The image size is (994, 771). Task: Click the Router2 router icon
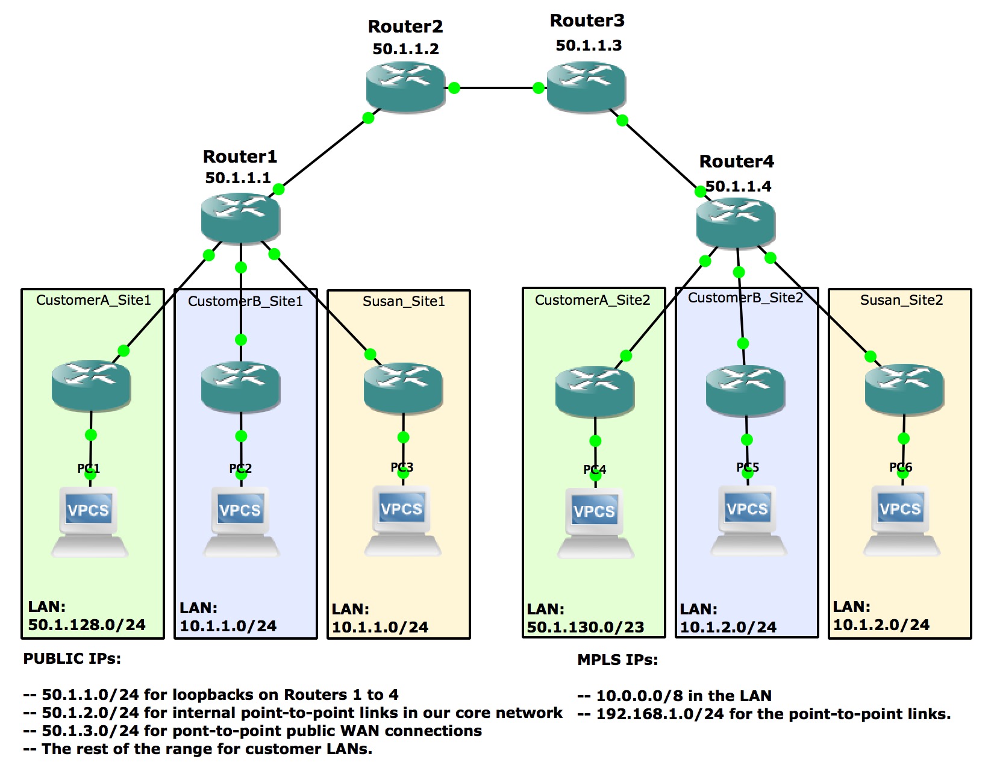click(x=405, y=87)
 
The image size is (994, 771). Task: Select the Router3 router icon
click(x=586, y=87)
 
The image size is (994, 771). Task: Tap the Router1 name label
click(x=240, y=157)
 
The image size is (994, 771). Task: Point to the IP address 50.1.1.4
click(x=739, y=186)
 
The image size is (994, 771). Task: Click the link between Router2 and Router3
click(x=496, y=87)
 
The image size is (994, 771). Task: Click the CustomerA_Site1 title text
click(x=93, y=300)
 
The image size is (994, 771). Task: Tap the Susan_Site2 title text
click(x=902, y=300)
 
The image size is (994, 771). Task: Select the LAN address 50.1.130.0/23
click(x=586, y=627)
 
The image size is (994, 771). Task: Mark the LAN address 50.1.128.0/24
click(x=87, y=625)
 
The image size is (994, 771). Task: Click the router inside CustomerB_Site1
click(x=240, y=387)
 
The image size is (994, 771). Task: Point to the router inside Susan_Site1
click(x=403, y=388)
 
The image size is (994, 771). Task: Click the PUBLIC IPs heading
click(x=72, y=658)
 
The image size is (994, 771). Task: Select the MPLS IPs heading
click(x=617, y=660)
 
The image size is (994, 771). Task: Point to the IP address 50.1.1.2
click(x=406, y=48)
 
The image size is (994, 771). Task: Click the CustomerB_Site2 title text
click(x=746, y=298)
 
